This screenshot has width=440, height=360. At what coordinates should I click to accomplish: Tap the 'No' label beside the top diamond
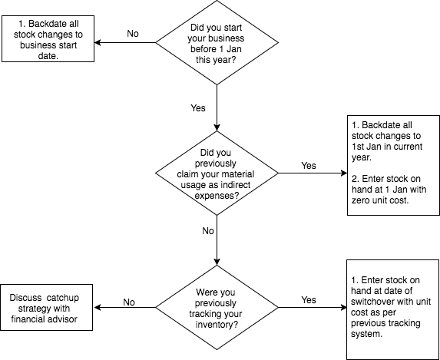coord(133,34)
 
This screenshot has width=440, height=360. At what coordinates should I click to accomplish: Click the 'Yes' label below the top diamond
coord(198,107)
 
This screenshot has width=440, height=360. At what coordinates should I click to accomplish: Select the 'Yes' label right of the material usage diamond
coord(308,165)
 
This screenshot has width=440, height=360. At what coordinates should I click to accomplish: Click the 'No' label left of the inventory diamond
coord(130,302)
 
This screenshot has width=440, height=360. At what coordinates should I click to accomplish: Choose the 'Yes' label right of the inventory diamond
coord(309,299)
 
